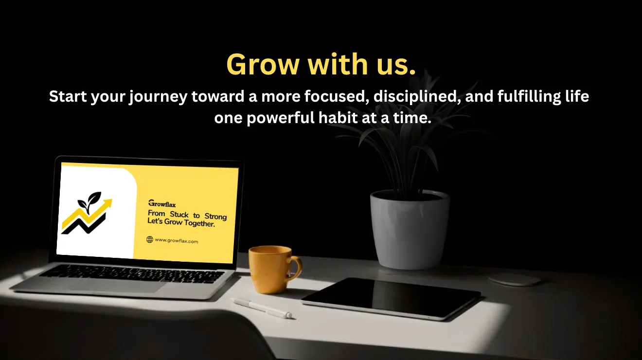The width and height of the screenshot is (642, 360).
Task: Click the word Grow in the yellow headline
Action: [263, 64]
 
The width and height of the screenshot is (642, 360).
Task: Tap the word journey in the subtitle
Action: [158, 97]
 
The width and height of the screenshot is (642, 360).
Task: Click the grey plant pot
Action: [410, 229]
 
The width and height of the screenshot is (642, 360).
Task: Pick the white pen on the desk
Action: [262, 308]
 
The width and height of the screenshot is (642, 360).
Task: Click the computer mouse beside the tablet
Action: [515, 279]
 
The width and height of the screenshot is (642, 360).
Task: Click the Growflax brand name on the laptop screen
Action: [162, 203]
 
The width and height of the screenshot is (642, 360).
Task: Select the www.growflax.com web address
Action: [176, 241]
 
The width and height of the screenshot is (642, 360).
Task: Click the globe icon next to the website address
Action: [150, 239]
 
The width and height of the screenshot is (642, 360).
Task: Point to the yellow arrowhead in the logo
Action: [107, 203]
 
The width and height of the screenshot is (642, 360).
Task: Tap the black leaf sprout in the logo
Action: [89, 200]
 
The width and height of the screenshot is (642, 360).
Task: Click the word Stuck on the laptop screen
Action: [179, 215]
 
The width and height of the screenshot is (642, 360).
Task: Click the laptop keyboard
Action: [132, 273]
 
